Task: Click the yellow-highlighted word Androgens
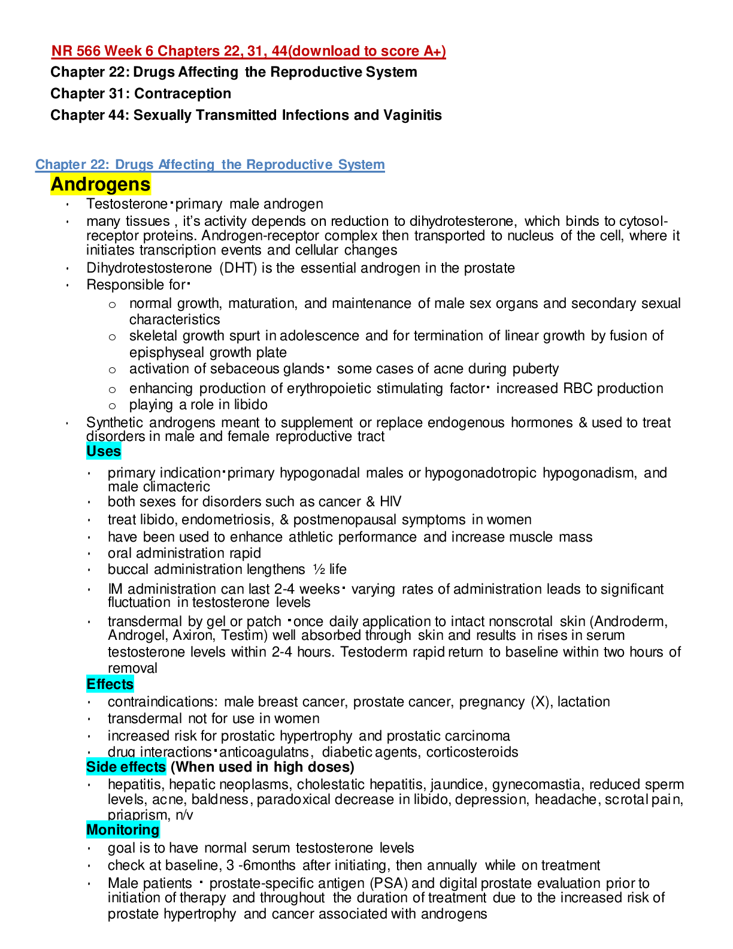click(101, 185)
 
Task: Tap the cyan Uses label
click(104, 451)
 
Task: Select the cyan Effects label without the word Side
click(110, 684)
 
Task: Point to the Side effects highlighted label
click(126, 767)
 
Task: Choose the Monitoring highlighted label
click(123, 830)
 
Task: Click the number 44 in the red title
click(280, 52)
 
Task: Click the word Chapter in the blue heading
click(60, 165)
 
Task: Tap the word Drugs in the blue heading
click(134, 165)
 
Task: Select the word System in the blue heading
click(361, 165)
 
